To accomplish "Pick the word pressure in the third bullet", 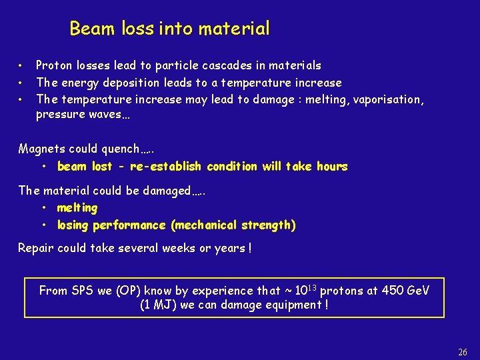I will click(57, 114).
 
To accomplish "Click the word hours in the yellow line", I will click(331, 166).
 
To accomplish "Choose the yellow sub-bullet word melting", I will click(77, 208).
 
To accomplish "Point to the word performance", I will click(129, 225).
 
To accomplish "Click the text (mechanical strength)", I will click(233, 225).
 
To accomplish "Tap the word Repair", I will click(35, 248).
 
